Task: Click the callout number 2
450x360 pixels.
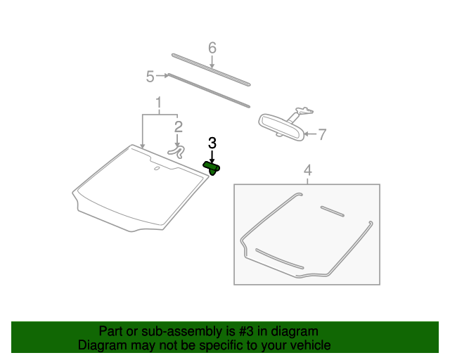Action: click(x=179, y=127)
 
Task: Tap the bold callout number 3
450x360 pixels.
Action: click(x=212, y=143)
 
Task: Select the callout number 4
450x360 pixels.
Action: click(x=307, y=171)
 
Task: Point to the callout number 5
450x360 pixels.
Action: click(x=150, y=76)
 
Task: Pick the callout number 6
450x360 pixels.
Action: click(x=212, y=48)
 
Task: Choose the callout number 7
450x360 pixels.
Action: click(x=322, y=134)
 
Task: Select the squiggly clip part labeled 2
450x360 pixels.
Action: click(x=178, y=150)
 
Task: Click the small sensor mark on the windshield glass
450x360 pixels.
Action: click(x=156, y=169)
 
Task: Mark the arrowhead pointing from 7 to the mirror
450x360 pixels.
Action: click(x=309, y=133)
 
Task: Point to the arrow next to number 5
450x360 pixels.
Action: click(x=163, y=75)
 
